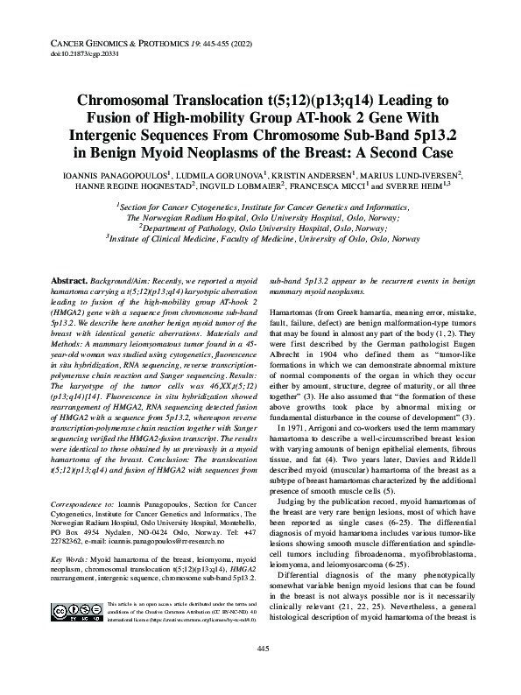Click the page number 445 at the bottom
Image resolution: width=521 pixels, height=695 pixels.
point(261,671)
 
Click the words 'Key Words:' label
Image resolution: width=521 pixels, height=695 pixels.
point(69,557)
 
